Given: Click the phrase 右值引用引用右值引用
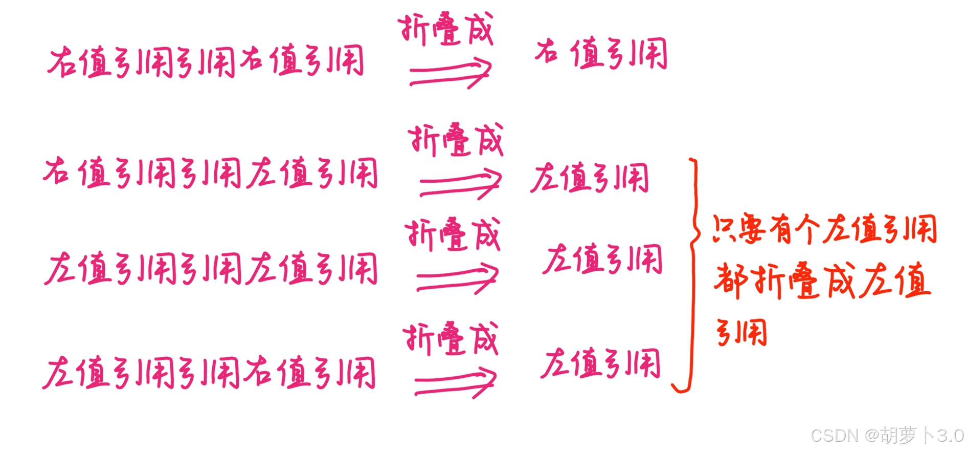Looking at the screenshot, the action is pyautogui.click(x=206, y=62).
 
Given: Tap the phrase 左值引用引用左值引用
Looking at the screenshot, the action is pyautogui.click(x=211, y=268).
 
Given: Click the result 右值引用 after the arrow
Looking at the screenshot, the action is pyautogui.click(x=601, y=54).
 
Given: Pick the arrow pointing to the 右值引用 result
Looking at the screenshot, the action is pyautogui.click(x=450, y=73).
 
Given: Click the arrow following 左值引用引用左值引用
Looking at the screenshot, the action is pyautogui.click(x=457, y=278).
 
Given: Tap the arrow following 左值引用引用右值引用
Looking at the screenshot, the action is pyautogui.click(x=455, y=383).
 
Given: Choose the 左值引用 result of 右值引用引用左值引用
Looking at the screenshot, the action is pyautogui.click(x=590, y=178).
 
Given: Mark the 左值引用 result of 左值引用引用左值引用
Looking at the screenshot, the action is pyautogui.click(x=602, y=260).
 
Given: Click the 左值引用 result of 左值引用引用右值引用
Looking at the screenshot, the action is pyautogui.click(x=601, y=363).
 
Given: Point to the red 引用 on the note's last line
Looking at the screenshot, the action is pyautogui.click(x=742, y=333).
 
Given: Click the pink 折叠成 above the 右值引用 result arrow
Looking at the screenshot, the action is pyautogui.click(x=445, y=29).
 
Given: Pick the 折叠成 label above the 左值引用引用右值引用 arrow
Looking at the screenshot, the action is pyautogui.click(x=450, y=338).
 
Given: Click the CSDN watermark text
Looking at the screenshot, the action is pyautogui.click(x=835, y=436).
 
